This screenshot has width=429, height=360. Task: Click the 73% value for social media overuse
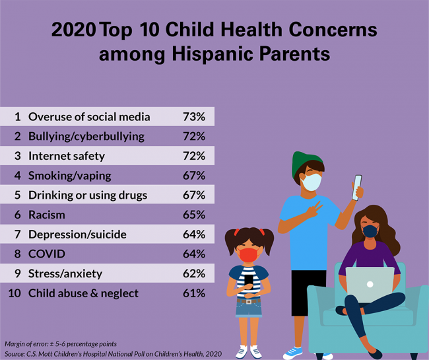coord(194,117)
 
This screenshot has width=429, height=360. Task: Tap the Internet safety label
coord(66,157)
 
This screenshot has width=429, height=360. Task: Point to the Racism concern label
coord(47,215)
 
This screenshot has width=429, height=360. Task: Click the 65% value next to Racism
coord(194,215)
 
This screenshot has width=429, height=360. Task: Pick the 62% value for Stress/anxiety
coord(194,273)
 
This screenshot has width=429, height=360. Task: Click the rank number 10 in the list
coord(16,293)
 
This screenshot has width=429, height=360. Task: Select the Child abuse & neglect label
coord(83,293)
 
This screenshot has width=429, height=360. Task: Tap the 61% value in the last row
coord(194,293)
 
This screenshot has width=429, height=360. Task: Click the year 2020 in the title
coord(73,30)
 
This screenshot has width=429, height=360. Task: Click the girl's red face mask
coord(249,254)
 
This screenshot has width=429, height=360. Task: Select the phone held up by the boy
coord(358,187)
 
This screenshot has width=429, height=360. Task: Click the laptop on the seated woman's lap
coord(369,281)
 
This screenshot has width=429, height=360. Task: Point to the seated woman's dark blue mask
coord(370,231)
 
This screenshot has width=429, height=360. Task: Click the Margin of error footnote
coord(51,344)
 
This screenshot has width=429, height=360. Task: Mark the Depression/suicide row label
coord(77,234)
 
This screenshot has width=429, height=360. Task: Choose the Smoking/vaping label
coord(69,176)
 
